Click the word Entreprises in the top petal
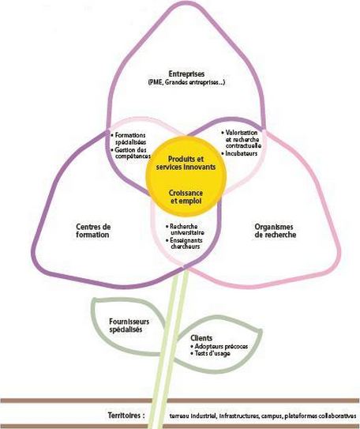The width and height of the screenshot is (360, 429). click(x=186, y=74)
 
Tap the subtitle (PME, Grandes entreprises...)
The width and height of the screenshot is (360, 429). click(x=186, y=82)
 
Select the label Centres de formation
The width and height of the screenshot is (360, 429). click(x=93, y=231)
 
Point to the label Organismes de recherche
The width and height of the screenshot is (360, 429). click(x=275, y=231)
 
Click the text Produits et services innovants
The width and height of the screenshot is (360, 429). click(x=186, y=163)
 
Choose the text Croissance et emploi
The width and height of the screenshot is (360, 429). click(x=186, y=197)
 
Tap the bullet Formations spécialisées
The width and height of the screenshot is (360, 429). click(x=129, y=139)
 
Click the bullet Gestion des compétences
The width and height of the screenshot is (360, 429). click(x=131, y=153)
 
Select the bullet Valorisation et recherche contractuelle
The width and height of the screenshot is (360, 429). click(x=242, y=139)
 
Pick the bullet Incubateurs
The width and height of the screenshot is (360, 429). click(x=239, y=153)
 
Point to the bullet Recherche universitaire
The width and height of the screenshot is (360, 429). click(x=185, y=230)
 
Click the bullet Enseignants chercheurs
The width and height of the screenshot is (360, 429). click(x=184, y=243)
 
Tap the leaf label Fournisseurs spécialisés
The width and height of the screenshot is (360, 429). click(x=129, y=326)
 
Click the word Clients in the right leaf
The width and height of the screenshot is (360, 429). click(x=201, y=338)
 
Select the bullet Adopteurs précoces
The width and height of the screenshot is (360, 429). click(x=219, y=346)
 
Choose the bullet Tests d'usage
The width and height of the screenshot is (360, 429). click(x=211, y=353)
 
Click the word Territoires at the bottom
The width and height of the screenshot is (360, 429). click(x=125, y=416)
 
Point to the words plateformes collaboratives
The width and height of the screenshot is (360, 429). click(x=321, y=416)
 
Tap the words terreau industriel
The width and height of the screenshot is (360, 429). click(x=193, y=416)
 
